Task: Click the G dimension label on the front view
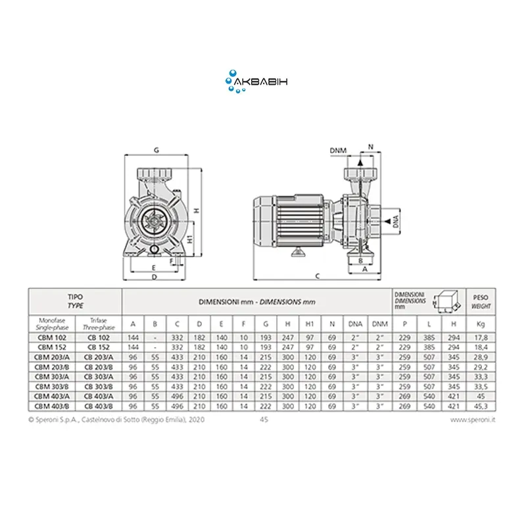pyautogui.click(x=156, y=151)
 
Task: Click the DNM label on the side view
pyautogui.click(x=337, y=151)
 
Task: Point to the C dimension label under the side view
pyautogui.click(x=318, y=276)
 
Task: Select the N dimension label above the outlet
pyautogui.click(x=370, y=146)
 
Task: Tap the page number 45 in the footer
pyautogui.click(x=264, y=419)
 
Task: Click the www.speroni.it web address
pyautogui.click(x=475, y=419)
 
